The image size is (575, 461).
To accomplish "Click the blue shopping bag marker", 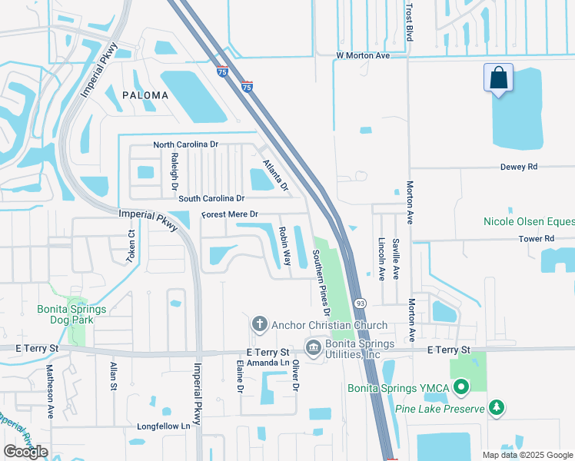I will click(x=498, y=78).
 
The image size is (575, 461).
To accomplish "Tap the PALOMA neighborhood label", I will click(x=145, y=95).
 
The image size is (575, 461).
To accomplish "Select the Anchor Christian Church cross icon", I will click(x=260, y=323).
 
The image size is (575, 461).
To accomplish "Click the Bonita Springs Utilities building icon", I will click(x=313, y=348).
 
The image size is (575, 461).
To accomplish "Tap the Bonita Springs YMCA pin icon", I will click(x=461, y=387).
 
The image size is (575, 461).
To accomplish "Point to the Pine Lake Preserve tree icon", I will click(x=497, y=406).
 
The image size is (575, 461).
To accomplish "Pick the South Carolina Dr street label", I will click(x=211, y=198).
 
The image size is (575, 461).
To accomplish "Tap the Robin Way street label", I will click(x=284, y=246).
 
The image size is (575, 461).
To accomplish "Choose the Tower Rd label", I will click(x=537, y=239).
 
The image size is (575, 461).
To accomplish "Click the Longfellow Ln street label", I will click(x=163, y=426).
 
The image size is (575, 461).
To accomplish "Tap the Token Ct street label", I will click(x=131, y=246).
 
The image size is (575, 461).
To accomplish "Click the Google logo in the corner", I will click(x=25, y=451).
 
